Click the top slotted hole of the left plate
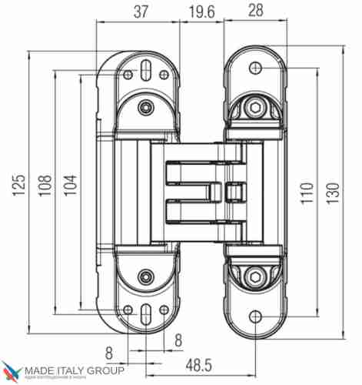(144, 69)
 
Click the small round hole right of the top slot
(164, 75)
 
